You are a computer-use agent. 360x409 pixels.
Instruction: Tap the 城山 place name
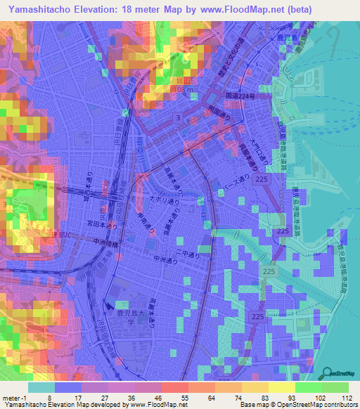coord(181,81)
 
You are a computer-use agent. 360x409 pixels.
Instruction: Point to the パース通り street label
coord(256,181)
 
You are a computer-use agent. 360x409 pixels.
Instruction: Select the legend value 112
coord(347,398)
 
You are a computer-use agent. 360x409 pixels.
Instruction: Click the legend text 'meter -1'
coord(15,398)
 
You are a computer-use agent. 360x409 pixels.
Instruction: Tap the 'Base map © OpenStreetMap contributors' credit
coord(297,405)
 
